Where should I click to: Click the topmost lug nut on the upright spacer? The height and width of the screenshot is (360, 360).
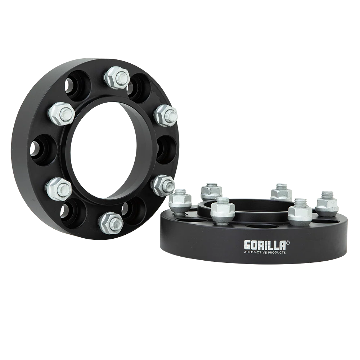coord(117,77)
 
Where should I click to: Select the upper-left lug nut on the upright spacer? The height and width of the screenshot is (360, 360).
coord(62,113)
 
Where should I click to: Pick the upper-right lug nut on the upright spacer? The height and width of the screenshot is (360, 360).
coord(166,115)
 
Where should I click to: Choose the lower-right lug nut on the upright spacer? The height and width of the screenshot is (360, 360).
coord(163,185)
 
